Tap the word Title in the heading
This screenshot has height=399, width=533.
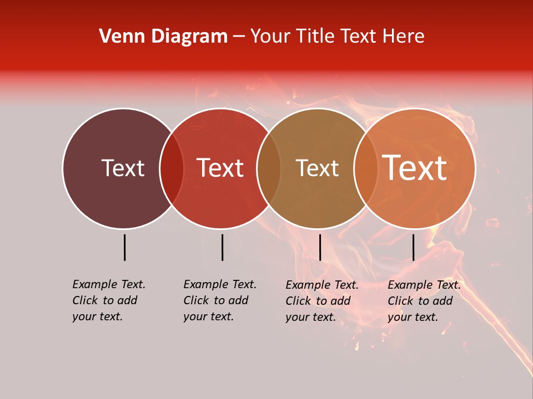tap(314, 37)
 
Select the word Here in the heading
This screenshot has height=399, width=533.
tap(404, 37)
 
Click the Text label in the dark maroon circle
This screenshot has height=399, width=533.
tap(123, 168)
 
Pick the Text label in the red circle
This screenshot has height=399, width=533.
tap(220, 168)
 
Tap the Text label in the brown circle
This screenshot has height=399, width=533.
tap(317, 168)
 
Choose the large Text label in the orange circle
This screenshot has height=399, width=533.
tap(414, 168)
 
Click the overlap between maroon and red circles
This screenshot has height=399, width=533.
tap(172, 168)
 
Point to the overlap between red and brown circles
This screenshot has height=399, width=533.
tap(269, 168)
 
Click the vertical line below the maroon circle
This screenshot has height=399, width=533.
tap(125, 247)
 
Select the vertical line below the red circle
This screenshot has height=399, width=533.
tap(222, 247)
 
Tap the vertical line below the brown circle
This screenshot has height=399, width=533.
tap(320, 247)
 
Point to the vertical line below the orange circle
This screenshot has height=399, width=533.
tap(413, 247)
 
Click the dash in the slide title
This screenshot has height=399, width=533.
tap(239, 37)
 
